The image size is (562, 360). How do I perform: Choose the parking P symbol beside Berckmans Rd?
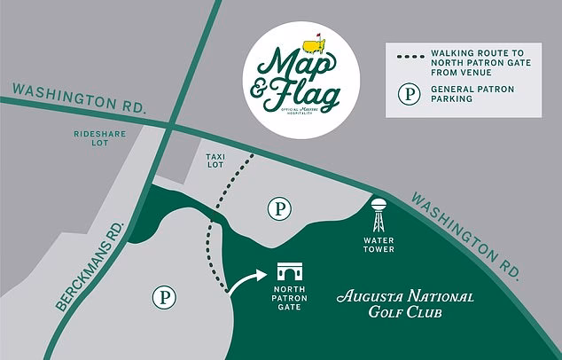[x=164, y=295]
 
